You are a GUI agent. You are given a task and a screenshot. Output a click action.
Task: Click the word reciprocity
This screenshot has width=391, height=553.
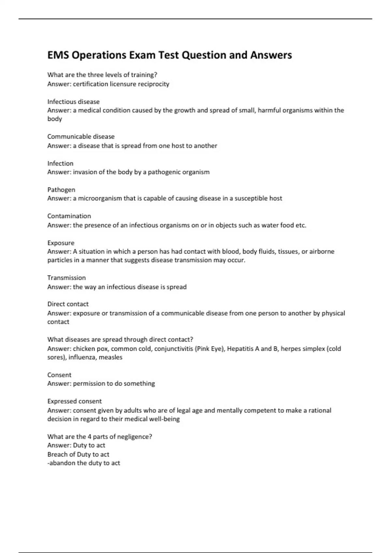point(153,84)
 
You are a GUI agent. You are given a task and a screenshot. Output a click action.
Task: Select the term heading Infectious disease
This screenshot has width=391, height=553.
point(73,101)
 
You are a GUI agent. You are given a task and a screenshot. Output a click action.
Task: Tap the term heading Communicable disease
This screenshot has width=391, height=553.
point(81,137)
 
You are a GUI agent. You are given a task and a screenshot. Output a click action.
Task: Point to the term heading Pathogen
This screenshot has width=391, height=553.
point(61,190)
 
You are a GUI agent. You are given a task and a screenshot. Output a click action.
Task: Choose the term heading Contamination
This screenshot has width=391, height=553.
point(69,216)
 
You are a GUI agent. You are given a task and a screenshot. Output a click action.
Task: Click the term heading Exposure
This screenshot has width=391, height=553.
point(61,243)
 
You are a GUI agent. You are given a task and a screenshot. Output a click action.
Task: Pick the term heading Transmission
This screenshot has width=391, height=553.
point(66,278)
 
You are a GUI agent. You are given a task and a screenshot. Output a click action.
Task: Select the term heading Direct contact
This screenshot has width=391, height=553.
point(68,304)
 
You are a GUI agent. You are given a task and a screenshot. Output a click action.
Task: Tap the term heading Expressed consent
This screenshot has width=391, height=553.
point(75,401)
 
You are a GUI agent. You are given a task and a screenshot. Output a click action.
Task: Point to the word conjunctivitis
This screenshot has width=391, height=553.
point(173,349)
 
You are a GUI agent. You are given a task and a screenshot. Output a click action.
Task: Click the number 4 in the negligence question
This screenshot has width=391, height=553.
point(89,437)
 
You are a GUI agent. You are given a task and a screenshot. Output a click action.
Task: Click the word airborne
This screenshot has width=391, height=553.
point(322,251)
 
